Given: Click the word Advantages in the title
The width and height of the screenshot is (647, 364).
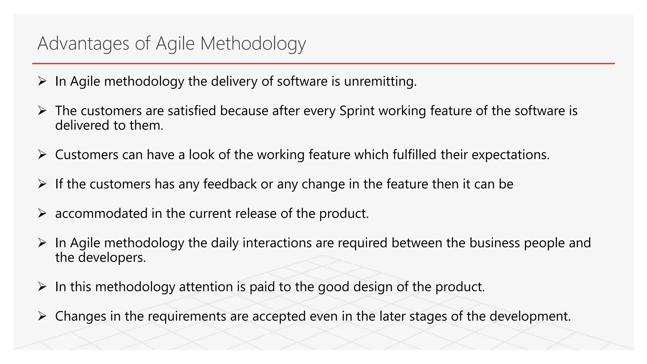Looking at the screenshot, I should pyautogui.click(x=83, y=43).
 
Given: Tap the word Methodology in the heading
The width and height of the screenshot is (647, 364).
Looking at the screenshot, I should pyautogui.click(x=253, y=43).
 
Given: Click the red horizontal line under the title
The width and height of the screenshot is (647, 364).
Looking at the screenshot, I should pyautogui.click(x=323, y=64).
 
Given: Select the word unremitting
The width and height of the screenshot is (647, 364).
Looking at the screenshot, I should pyautogui.click(x=380, y=82).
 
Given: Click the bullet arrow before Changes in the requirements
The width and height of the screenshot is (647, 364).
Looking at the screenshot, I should pyautogui.click(x=42, y=316).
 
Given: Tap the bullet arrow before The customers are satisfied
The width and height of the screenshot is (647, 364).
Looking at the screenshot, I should pyautogui.click(x=42, y=111).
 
